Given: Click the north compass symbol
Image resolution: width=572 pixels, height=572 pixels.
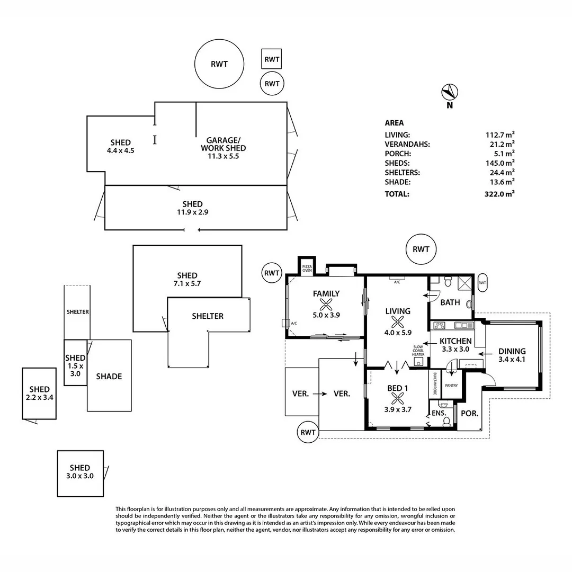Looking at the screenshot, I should [449, 93].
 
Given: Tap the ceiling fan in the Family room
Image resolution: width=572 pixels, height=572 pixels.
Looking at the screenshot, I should [325, 305].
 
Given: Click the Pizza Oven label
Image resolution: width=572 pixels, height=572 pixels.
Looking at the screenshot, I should [307, 267].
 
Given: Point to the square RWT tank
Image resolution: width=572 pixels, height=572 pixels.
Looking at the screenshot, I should [272, 59].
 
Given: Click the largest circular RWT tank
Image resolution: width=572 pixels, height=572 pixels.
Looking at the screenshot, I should [219, 64].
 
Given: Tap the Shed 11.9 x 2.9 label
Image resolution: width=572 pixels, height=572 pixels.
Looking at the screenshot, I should [192, 208].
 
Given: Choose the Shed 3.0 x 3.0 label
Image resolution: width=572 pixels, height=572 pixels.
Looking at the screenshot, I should [80, 471].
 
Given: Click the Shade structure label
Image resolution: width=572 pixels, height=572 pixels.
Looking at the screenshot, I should [109, 377].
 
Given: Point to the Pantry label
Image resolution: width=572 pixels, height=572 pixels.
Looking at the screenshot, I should [452, 386].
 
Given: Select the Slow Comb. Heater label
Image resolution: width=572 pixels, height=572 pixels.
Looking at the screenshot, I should [418, 351].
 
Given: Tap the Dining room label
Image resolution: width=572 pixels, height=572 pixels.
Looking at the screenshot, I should [512, 355].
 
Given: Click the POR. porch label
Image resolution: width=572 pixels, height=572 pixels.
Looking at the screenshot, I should [469, 413].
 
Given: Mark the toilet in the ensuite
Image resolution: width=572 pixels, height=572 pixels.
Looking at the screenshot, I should [447, 422].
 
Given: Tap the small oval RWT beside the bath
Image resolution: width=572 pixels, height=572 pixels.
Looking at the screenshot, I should [482, 283].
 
